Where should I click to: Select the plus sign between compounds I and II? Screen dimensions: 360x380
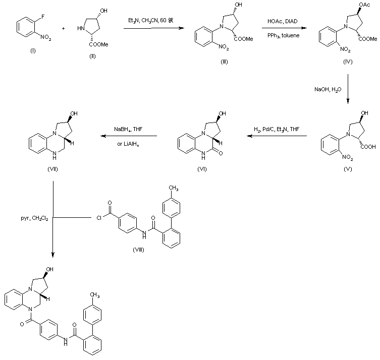(63, 29)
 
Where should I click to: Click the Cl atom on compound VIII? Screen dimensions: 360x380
(97, 218)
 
